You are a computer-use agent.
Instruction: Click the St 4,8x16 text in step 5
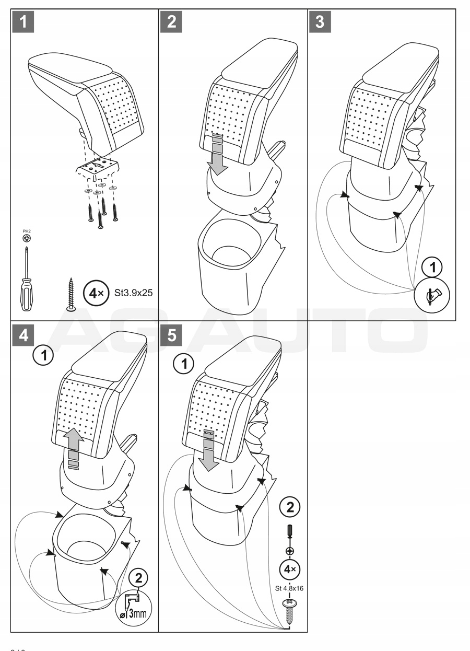pos(289,588)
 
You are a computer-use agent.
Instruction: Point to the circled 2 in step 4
pos(138,578)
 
